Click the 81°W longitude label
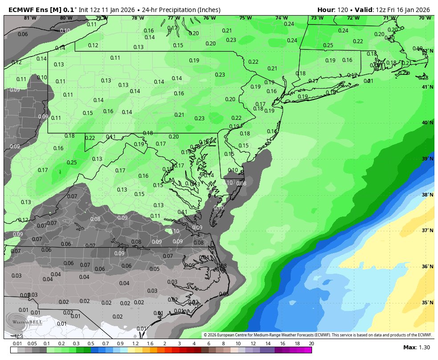30,18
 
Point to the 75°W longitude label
245,18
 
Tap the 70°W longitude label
425,18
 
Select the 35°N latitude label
427,303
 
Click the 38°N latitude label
427,195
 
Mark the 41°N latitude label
427,87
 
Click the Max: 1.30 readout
416,347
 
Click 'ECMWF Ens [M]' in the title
34,9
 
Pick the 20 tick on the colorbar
311,343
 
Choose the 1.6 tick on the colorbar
150,343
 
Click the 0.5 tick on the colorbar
91,343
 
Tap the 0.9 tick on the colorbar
120,343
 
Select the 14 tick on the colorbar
268,343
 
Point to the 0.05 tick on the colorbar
32,343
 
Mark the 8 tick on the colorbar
223,343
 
